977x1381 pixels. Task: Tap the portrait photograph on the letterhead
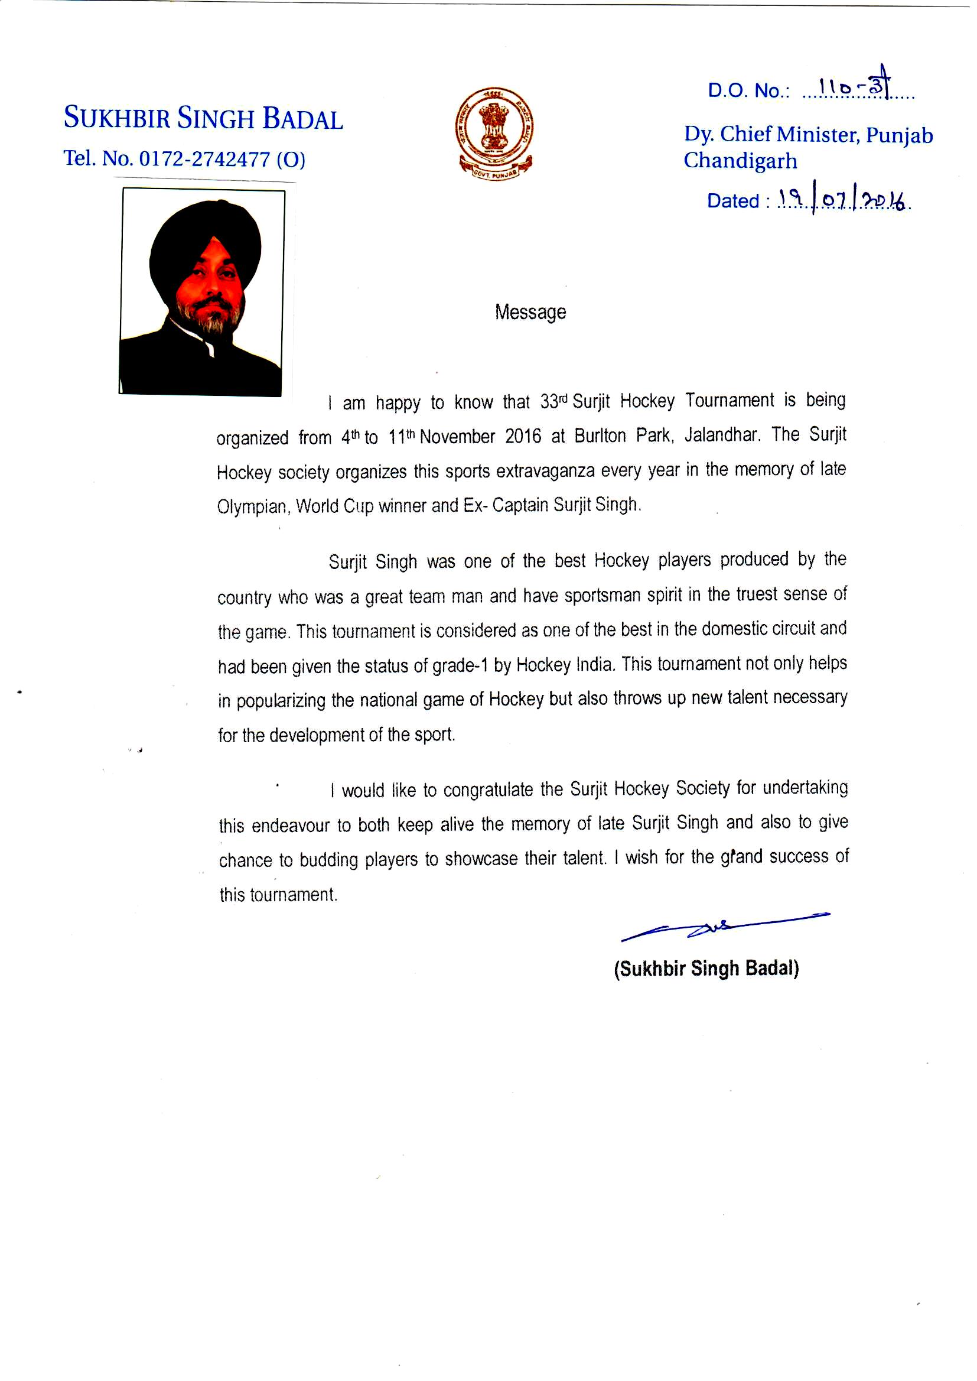[x=201, y=292]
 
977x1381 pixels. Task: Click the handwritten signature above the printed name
[x=724, y=927]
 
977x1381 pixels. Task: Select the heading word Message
[x=530, y=312]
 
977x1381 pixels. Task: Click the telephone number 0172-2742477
[x=204, y=159]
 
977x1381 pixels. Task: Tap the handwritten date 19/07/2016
[x=843, y=199]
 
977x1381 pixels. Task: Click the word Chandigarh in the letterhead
[x=740, y=161]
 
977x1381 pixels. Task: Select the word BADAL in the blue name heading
[x=302, y=119]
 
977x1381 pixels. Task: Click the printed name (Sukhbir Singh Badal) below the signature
[x=706, y=969]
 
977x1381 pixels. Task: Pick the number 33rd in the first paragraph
[x=553, y=401]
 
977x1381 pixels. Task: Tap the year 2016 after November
[x=523, y=436]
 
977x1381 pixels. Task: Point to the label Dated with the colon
[x=738, y=201]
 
